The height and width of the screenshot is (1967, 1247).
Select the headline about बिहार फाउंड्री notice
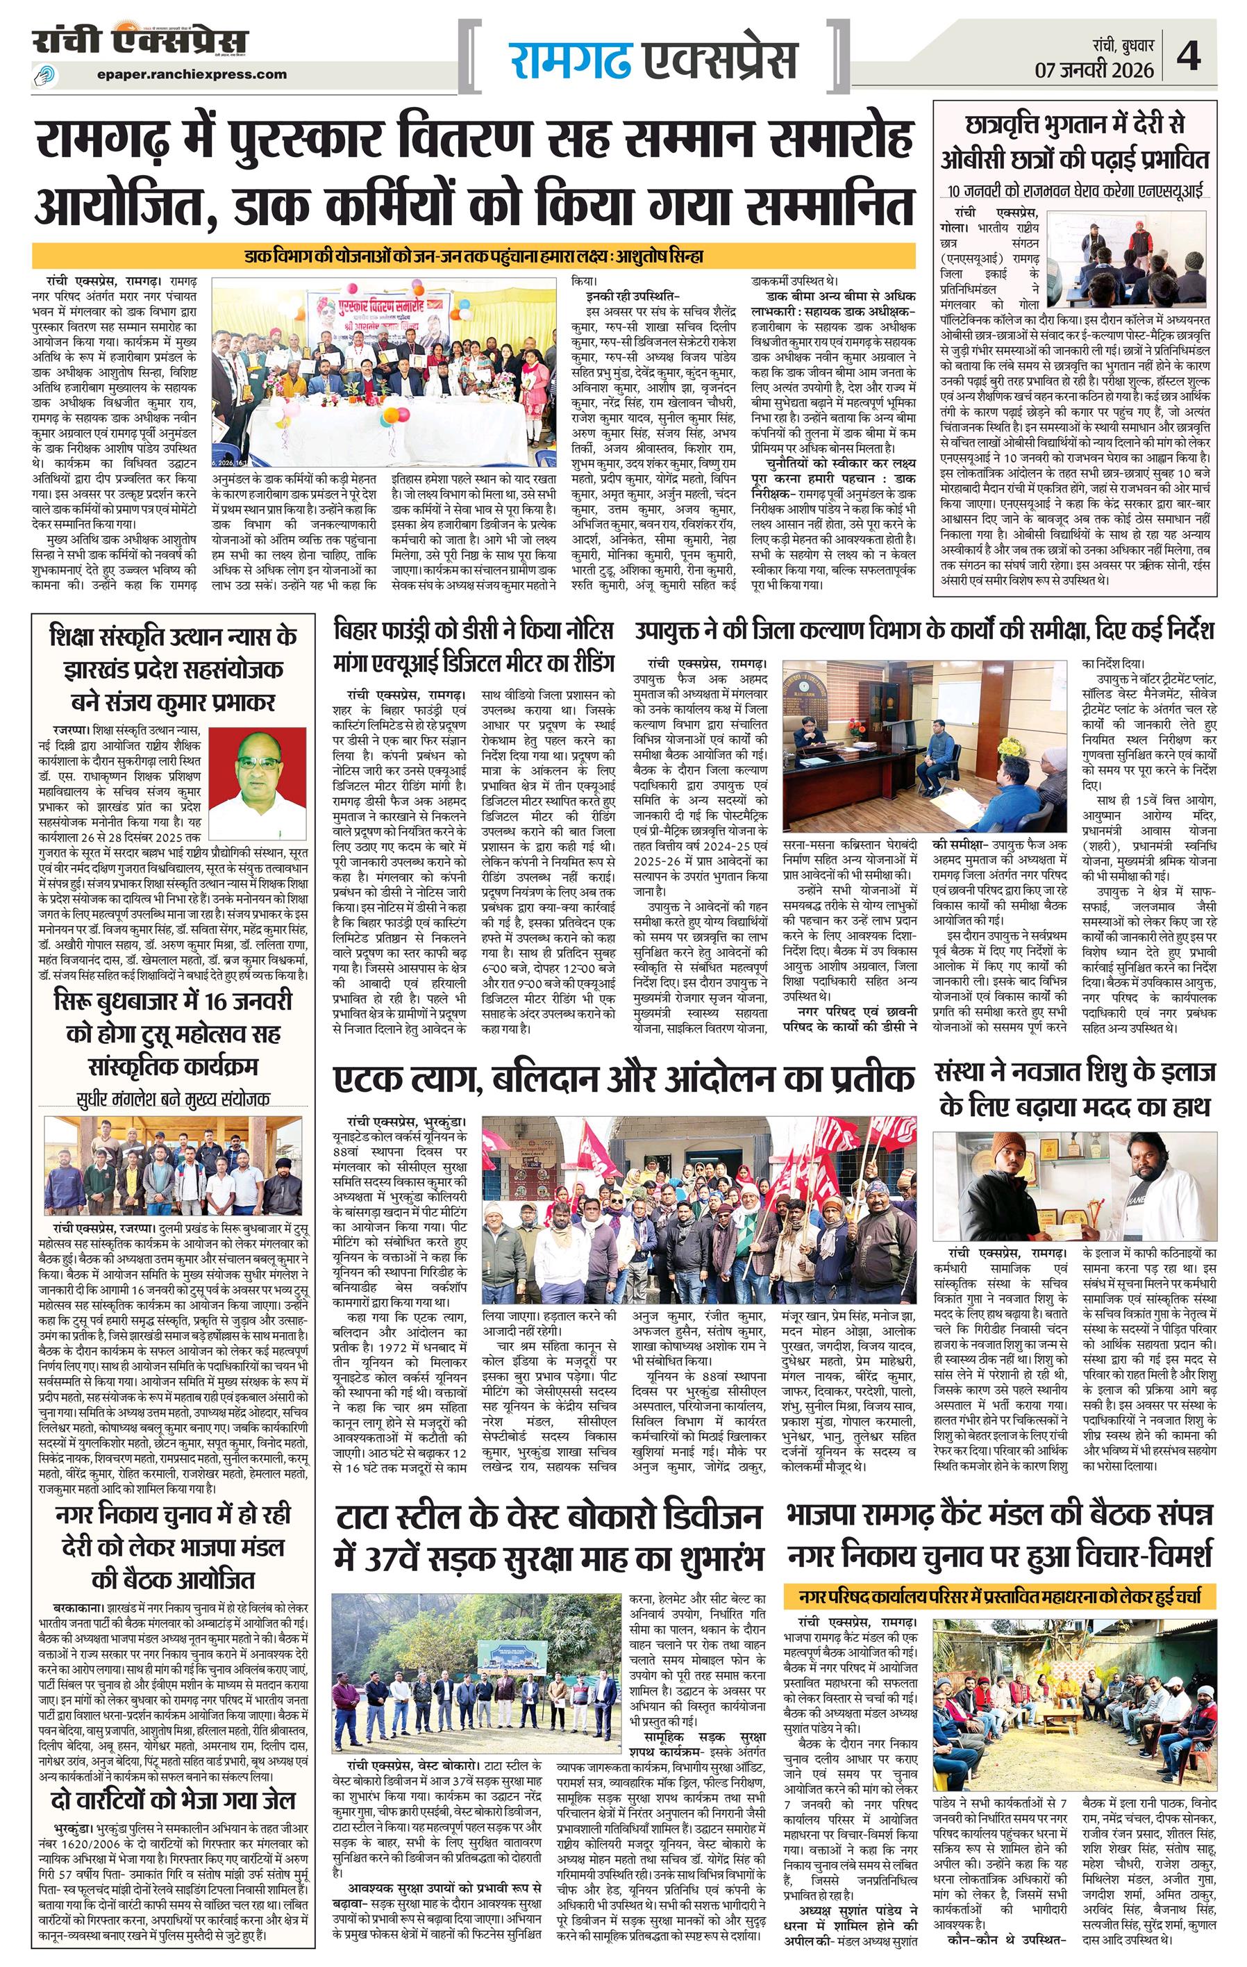[473, 648]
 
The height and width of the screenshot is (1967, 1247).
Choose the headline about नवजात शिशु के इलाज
[1077, 1086]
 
